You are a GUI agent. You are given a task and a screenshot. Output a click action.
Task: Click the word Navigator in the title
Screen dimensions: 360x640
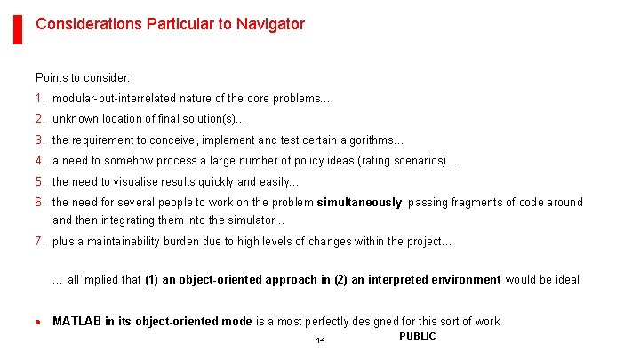pyautogui.click(x=270, y=24)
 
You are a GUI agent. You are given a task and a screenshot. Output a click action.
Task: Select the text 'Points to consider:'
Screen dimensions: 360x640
pyautogui.click(x=83, y=78)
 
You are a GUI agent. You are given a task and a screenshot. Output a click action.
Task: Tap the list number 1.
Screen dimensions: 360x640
pyautogui.click(x=39, y=99)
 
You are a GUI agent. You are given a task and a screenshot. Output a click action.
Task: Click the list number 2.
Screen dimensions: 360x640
pyautogui.click(x=39, y=119)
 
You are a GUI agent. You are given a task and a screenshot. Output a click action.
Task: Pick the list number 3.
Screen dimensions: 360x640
pyautogui.click(x=39, y=140)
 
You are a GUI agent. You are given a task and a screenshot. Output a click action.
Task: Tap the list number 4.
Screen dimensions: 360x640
pyautogui.click(x=39, y=161)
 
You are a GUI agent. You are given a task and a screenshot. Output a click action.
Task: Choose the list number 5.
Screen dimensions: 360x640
pyautogui.click(x=39, y=181)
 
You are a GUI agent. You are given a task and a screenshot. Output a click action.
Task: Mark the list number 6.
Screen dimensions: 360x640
pyautogui.click(x=39, y=203)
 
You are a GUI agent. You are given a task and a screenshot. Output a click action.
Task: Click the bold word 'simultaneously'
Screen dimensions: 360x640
pyautogui.click(x=359, y=203)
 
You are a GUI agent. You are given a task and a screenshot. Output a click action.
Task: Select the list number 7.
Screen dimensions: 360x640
pyautogui.click(x=39, y=242)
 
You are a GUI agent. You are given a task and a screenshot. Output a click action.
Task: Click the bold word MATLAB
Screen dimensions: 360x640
pyautogui.click(x=76, y=322)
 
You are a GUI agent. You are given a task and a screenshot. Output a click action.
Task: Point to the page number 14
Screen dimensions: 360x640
pyautogui.click(x=320, y=341)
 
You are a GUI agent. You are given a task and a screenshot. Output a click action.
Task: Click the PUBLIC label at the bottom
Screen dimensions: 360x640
pyautogui.click(x=417, y=336)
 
